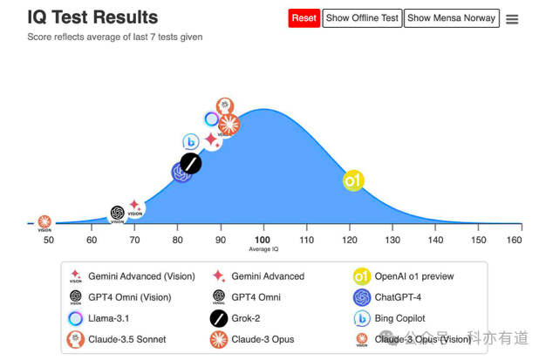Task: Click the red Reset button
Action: [304, 18]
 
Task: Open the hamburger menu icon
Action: [512, 19]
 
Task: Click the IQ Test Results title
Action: [92, 17]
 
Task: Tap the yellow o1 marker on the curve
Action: [353, 181]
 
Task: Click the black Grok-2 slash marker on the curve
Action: [191, 164]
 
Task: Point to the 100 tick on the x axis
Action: [263, 240]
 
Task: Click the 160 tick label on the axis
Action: [515, 240]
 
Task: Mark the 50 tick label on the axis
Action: [49, 240]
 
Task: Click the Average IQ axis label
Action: [263, 249]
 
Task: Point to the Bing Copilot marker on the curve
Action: [191, 142]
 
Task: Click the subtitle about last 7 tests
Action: [115, 37]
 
